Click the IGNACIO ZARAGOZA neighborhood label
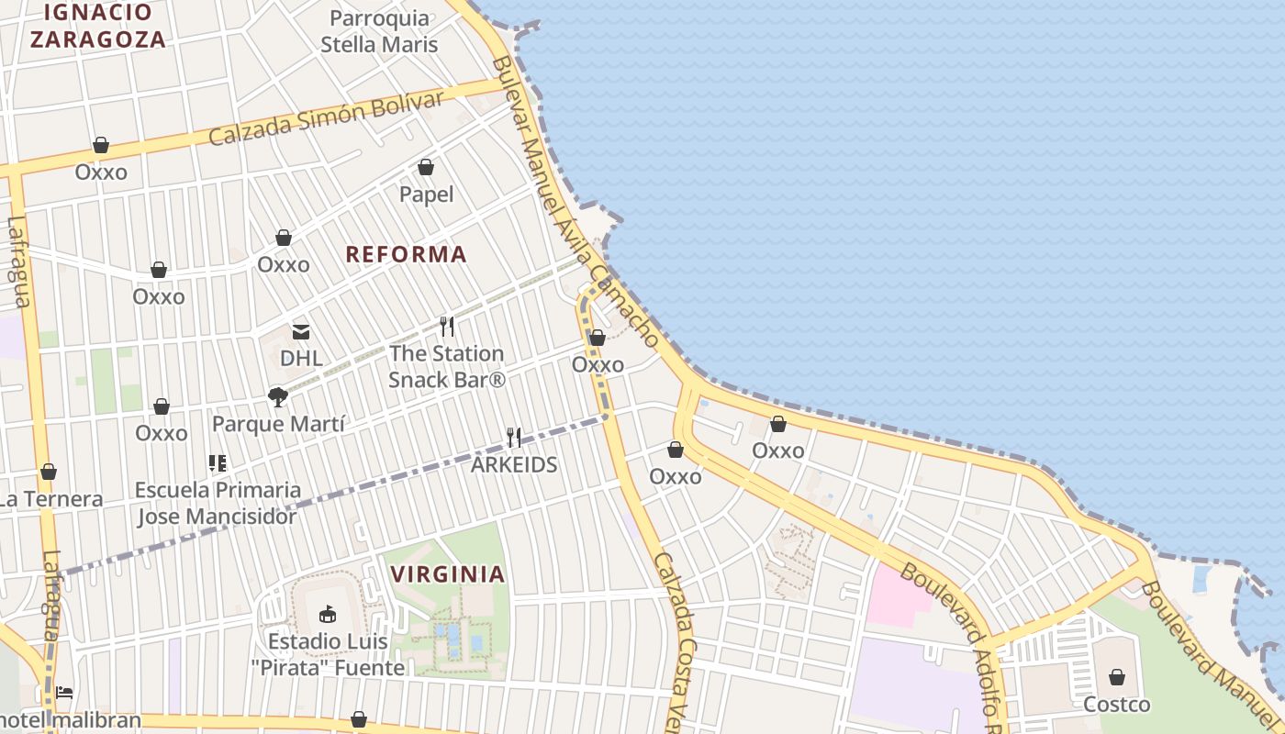coord(97,26)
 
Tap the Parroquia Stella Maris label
coord(379,31)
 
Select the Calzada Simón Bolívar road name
coord(326,118)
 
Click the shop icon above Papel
coord(426,167)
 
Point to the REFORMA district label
coord(406,254)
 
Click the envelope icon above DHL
coord(301,332)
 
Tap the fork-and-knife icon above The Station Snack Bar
coord(447,326)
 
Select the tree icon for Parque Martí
coord(277,397)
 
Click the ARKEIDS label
coord(514,464)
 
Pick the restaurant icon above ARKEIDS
coord(514,438)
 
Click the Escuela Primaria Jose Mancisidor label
coord(218,503)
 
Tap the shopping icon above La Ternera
coord(49,472)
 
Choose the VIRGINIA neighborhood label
coord(448,574)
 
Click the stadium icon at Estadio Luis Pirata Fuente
coord(327,614)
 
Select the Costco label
coord(1116,705)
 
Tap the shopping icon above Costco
coord(1117,677)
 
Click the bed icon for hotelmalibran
coord(64,692)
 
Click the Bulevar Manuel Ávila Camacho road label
coord(575,202)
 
